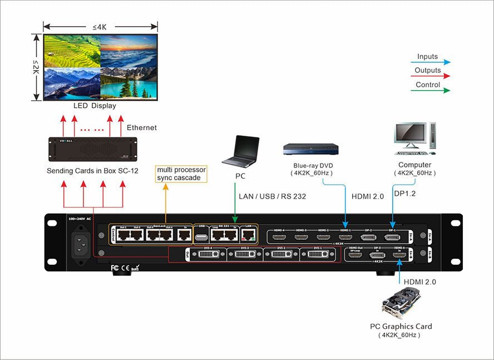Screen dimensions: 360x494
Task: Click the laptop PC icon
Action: tap(240, 151)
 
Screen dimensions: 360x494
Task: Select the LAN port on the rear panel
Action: tap(248, 236)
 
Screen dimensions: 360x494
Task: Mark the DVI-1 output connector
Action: tap(318, 255)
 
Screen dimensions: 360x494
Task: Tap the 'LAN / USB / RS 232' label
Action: tap(273, 196)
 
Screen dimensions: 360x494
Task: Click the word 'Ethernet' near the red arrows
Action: tap(142, 128)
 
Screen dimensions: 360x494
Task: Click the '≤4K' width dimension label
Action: tap(100, 26)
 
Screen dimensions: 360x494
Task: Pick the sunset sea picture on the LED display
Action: tap(129, 51)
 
